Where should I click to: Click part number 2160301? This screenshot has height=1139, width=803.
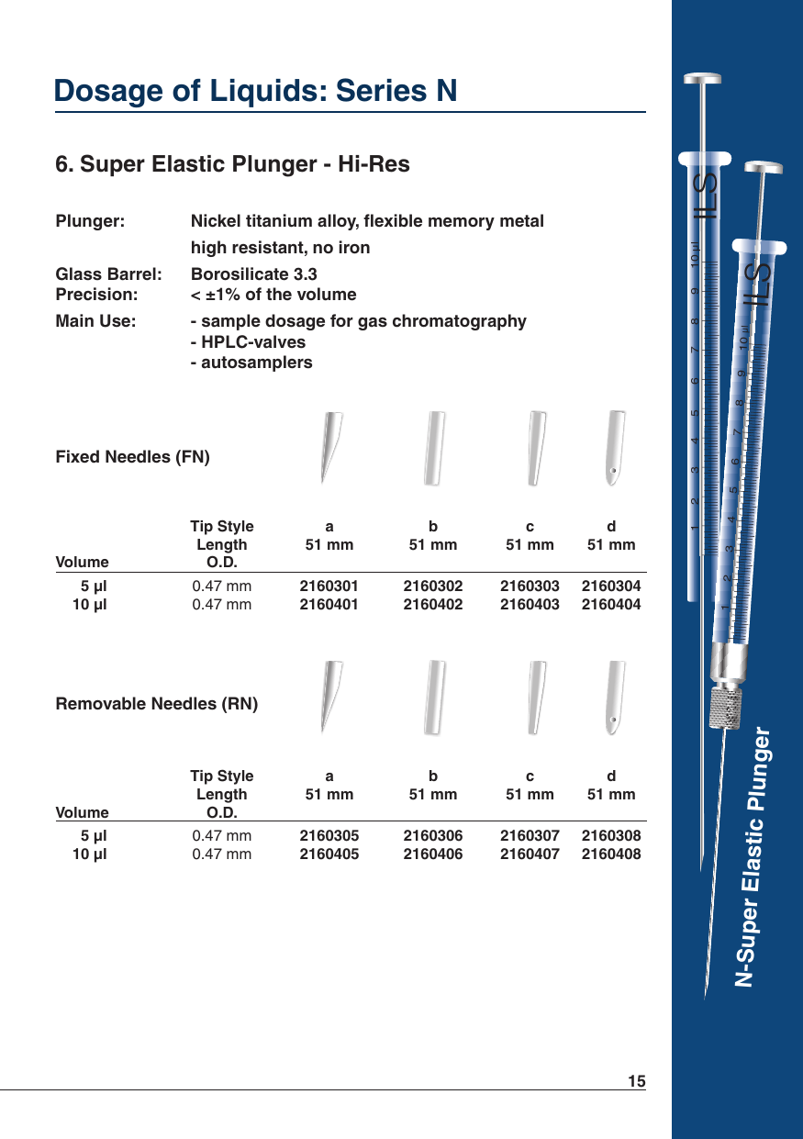coord(329,586)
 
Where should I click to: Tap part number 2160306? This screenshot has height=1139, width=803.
coord(433,835)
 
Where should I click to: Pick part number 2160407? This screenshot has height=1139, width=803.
coord(530,854)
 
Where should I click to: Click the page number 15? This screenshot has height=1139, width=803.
coord(637,1081)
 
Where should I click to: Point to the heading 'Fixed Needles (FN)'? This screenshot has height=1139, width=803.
coord(133,457)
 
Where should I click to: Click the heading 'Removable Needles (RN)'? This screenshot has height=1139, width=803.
coord(157,705)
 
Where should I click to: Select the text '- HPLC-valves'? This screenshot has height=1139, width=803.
coord(248,342)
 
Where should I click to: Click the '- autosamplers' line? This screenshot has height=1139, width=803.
coord(251,363)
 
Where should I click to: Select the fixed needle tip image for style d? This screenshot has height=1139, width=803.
coord(615,448)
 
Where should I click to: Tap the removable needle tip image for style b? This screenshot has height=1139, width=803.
coord(434,697)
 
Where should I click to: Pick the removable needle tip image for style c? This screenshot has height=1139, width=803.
coord(538,697)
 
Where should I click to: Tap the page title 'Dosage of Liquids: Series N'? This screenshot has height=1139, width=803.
coord(256,91)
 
